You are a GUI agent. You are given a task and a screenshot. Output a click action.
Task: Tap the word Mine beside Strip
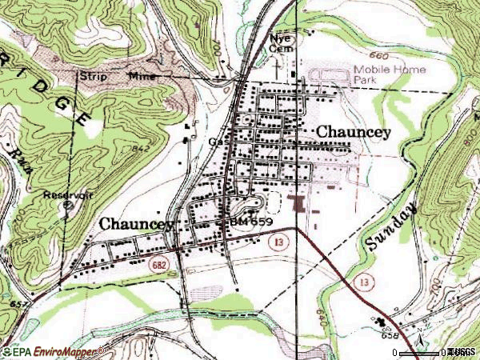click(142, 76)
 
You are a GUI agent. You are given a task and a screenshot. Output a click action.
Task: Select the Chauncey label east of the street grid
click(354, 130)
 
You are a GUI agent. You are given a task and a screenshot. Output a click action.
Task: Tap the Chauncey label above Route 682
click(137, 225)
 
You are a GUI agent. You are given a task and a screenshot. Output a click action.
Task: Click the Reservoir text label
click(70, 194)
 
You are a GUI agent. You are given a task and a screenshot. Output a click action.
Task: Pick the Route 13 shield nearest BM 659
click(277, 243)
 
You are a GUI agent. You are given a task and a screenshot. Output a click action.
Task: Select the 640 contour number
click(319, 304)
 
